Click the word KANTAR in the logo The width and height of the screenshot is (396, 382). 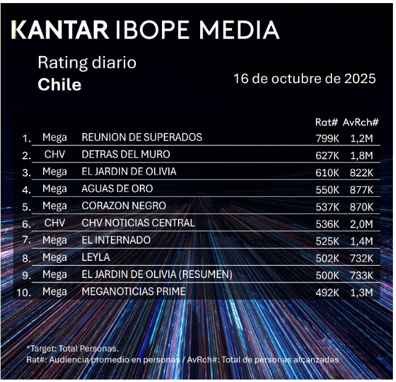pos(60,30)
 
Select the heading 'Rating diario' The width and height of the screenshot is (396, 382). pos(87,63)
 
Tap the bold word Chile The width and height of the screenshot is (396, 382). pos(59,84)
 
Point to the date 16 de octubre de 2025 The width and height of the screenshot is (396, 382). pos(304,79)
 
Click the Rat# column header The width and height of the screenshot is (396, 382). pos(326,122)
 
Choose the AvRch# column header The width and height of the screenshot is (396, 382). pos(360,122)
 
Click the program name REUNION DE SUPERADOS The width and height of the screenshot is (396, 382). pos(142,137)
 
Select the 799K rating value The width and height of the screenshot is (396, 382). pos(326,138)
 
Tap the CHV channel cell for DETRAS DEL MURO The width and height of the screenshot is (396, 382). pos(55,154)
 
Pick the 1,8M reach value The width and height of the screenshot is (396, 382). pos(360,155)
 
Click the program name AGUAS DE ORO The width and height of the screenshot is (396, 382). pos(117,189)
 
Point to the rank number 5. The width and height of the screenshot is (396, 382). pos(26,207)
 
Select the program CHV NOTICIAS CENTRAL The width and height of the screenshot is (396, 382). pos(138,223)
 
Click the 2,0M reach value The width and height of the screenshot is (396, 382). pos(360,223)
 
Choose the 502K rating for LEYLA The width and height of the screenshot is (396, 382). pos(326,258)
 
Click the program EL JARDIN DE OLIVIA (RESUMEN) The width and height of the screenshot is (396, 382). pos(156,274)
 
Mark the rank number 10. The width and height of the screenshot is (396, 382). pos(23,293)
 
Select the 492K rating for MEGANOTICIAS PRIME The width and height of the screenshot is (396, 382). pos(326,292)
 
